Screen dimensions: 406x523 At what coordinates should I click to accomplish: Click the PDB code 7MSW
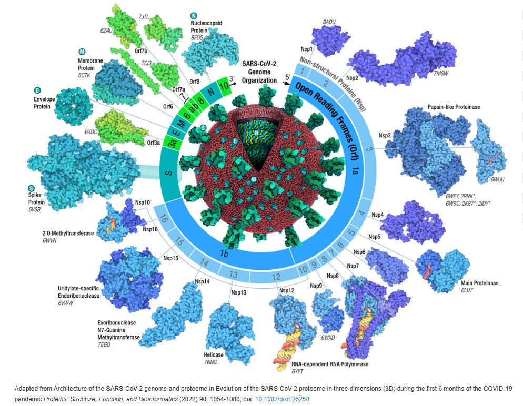(x=441, y=75)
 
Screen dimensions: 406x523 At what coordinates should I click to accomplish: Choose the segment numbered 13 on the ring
(x=234, y=273)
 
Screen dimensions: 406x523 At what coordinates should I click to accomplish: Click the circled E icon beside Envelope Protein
(x=37, y=90)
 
